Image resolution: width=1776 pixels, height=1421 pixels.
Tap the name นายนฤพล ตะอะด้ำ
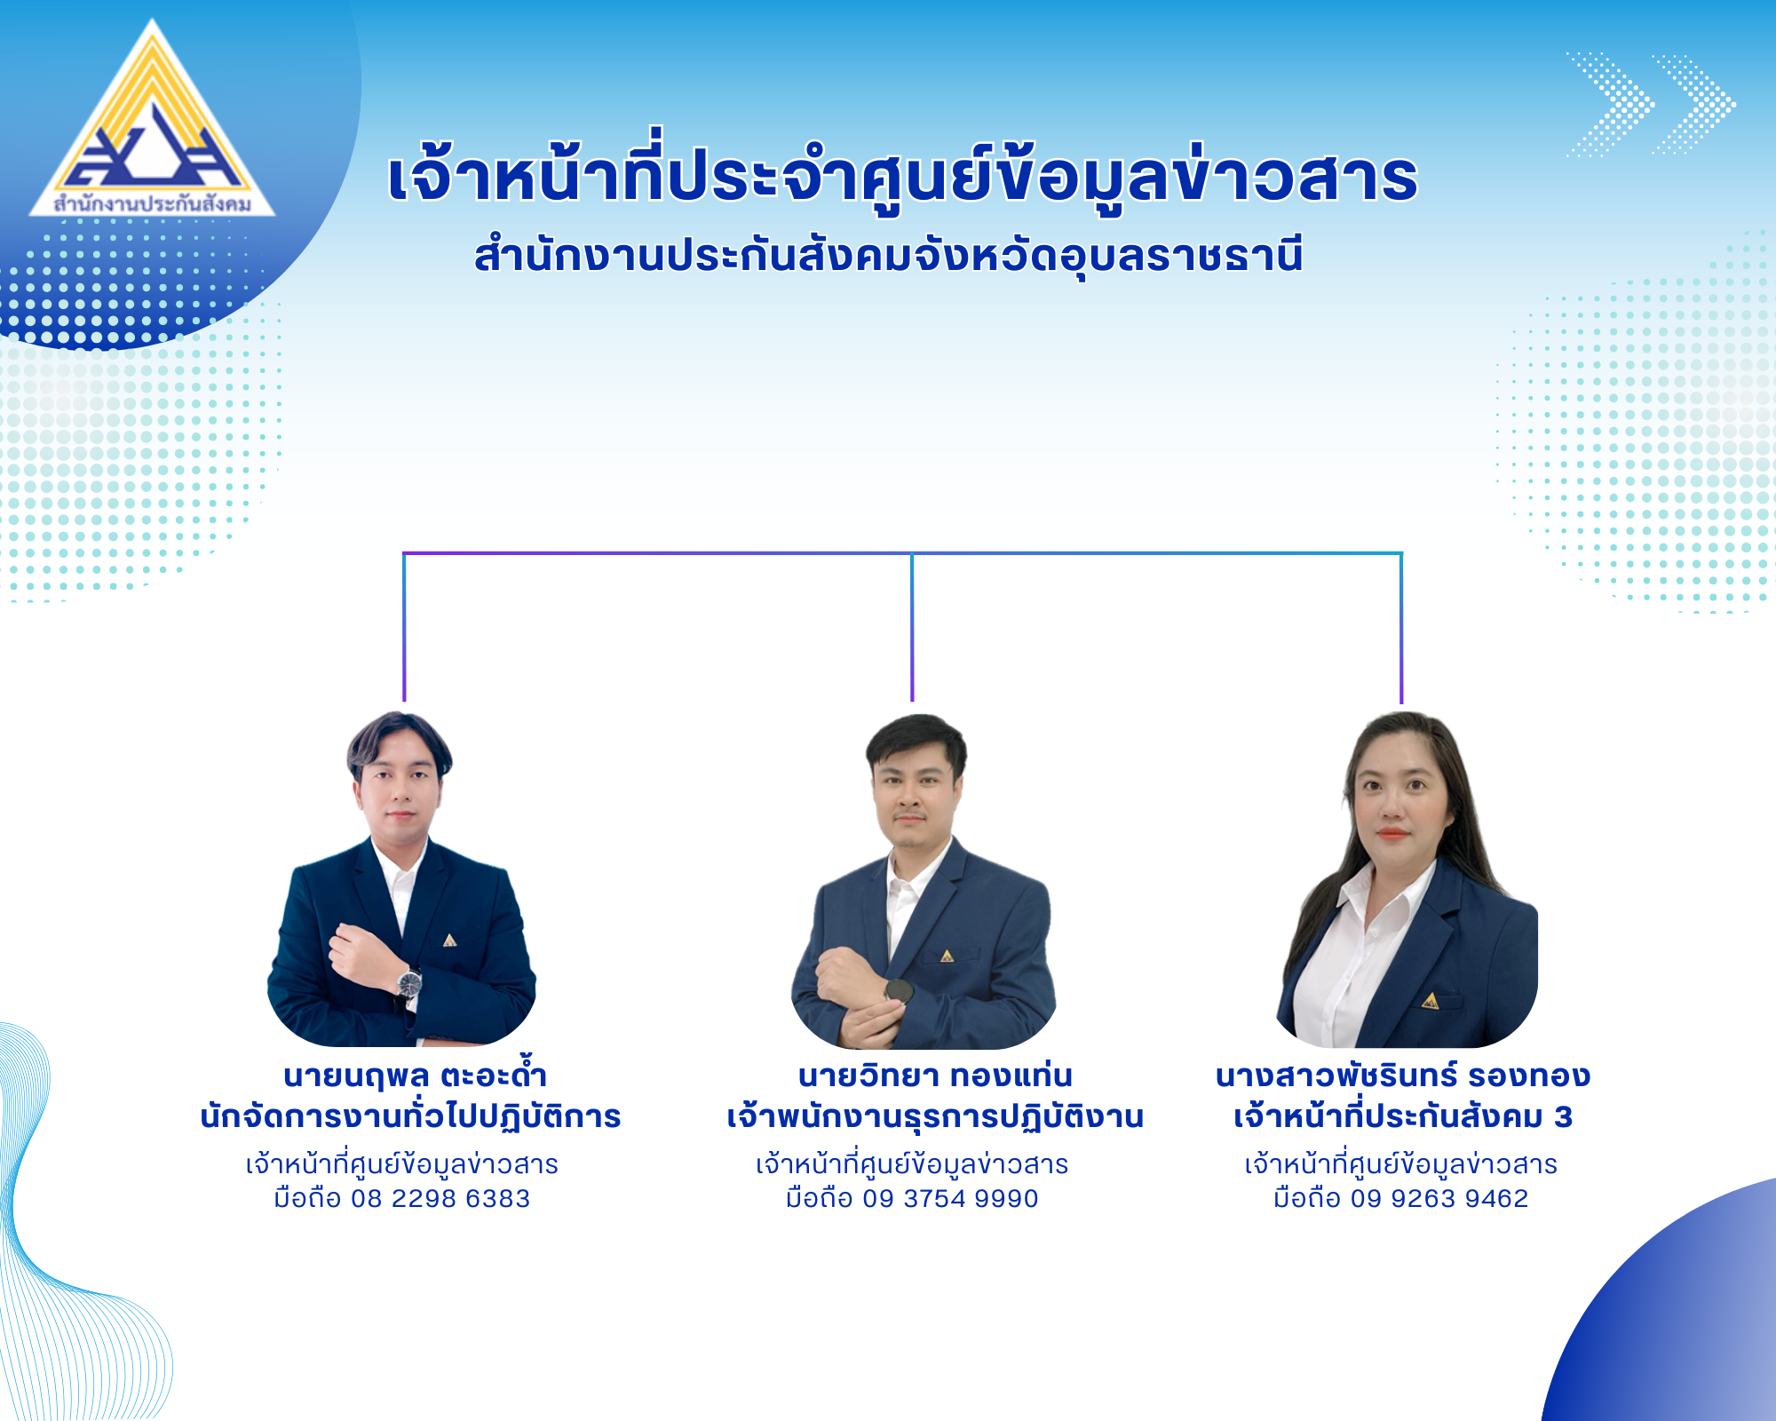pyautogui.click(x=415, y=1075)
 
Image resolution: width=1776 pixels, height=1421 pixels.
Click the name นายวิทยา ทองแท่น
pyautogui.click(x=935, y=1076)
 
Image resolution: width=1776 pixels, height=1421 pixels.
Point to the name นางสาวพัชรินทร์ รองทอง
pyautogui.click(x=1403, y=1076)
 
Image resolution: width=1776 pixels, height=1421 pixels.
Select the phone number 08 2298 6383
pyautogui.click(x=440, y=1198)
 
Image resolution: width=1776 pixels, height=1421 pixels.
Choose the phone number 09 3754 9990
pyautogui.click(x=950, y=1198)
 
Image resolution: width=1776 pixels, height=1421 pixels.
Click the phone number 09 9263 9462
pyautogui.click(x=1439, y=1198)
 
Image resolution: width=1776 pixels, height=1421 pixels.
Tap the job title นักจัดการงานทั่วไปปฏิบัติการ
pyautogui.click(x=410, y=1116)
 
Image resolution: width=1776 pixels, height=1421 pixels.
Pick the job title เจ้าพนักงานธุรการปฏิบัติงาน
pyautogui.click(x=935, y=1117)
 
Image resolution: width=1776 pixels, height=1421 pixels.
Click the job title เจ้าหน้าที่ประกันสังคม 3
pyautogui.click(x=1403, y=1116)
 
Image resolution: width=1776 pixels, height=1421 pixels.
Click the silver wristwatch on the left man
pyautogui.click(x=409, y=983)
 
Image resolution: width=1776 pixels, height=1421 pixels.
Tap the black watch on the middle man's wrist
pyautogui.click(x=898, y=991)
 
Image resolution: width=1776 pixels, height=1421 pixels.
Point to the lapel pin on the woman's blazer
pyautogui.click(x=1430, y=1001)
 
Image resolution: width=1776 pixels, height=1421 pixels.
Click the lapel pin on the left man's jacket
pyautogui.click(x=449, y=940)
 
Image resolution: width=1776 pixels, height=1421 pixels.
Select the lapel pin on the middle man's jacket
pyautogui.click(x=947, y=956)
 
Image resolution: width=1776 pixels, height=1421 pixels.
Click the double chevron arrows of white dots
pyautogui.click(x=1650, y=105)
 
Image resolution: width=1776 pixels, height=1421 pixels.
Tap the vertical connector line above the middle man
pyautogui.click(x=912, y=627)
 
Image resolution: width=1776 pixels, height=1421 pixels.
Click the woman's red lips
pyautogui.click(x=1391, y=835)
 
